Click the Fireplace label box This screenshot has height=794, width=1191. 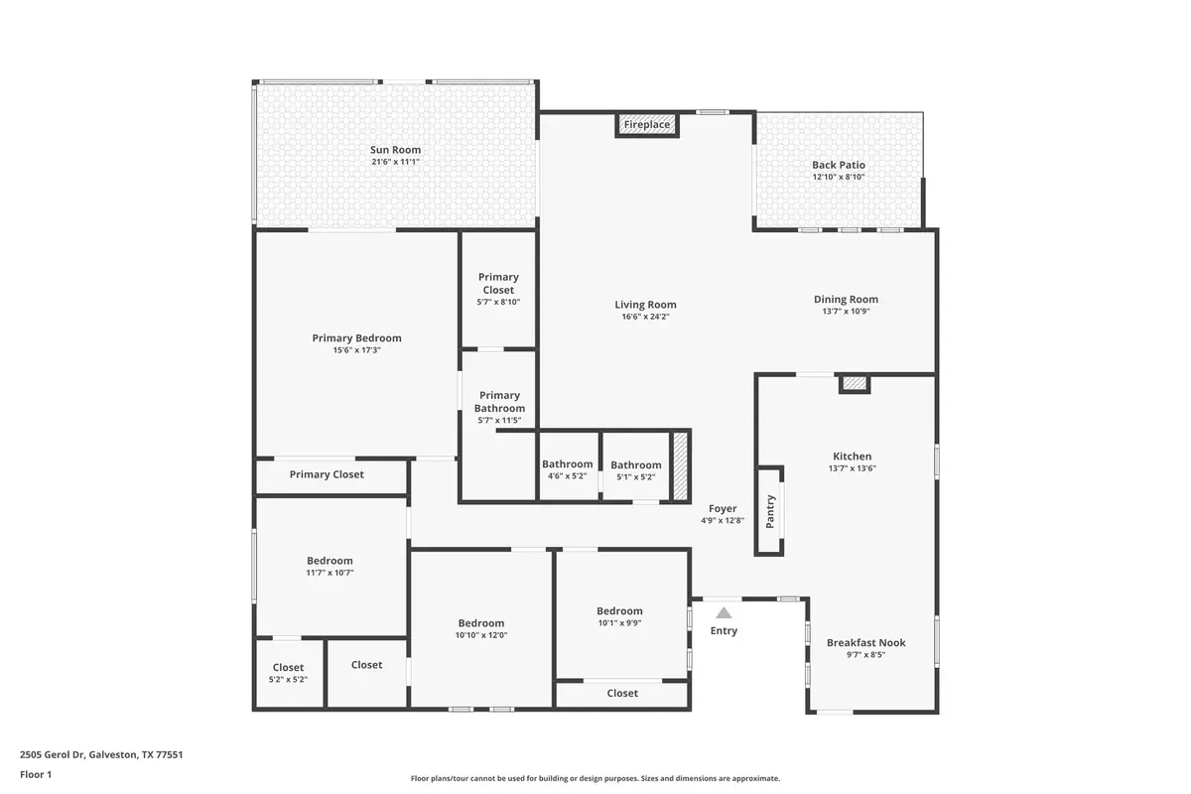[x=647, y=125]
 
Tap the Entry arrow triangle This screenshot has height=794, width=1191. [x=724, y=613]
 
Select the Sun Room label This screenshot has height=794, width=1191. [x=395, y=150]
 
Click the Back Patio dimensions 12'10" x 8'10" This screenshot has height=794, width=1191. [x=838, y=177]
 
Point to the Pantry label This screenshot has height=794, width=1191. [x=770, y=511]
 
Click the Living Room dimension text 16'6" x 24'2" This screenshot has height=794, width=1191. [x=645, y=317]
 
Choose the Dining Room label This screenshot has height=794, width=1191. [x=846, y=299]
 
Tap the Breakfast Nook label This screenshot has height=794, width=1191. [x=865, y=642]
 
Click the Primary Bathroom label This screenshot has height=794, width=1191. [x=499, y=401]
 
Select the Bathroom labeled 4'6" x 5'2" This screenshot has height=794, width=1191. [x=567, y=464]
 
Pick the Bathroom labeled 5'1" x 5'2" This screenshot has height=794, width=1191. [x=635, y=464]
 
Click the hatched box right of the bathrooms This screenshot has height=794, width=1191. [x=681, y=466]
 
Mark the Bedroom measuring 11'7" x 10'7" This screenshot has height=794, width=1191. [x=330, y=561]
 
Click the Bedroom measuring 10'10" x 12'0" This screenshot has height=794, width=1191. [x=481, y=623]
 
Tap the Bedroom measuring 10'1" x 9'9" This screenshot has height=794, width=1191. [x=619, y=611]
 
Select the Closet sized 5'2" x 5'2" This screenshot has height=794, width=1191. [x=288, y=668]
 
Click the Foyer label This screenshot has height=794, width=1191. [x=723, y=508]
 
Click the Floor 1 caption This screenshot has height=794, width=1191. [x=36, y=774]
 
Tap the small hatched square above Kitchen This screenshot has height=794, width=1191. [x=854, y=383]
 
